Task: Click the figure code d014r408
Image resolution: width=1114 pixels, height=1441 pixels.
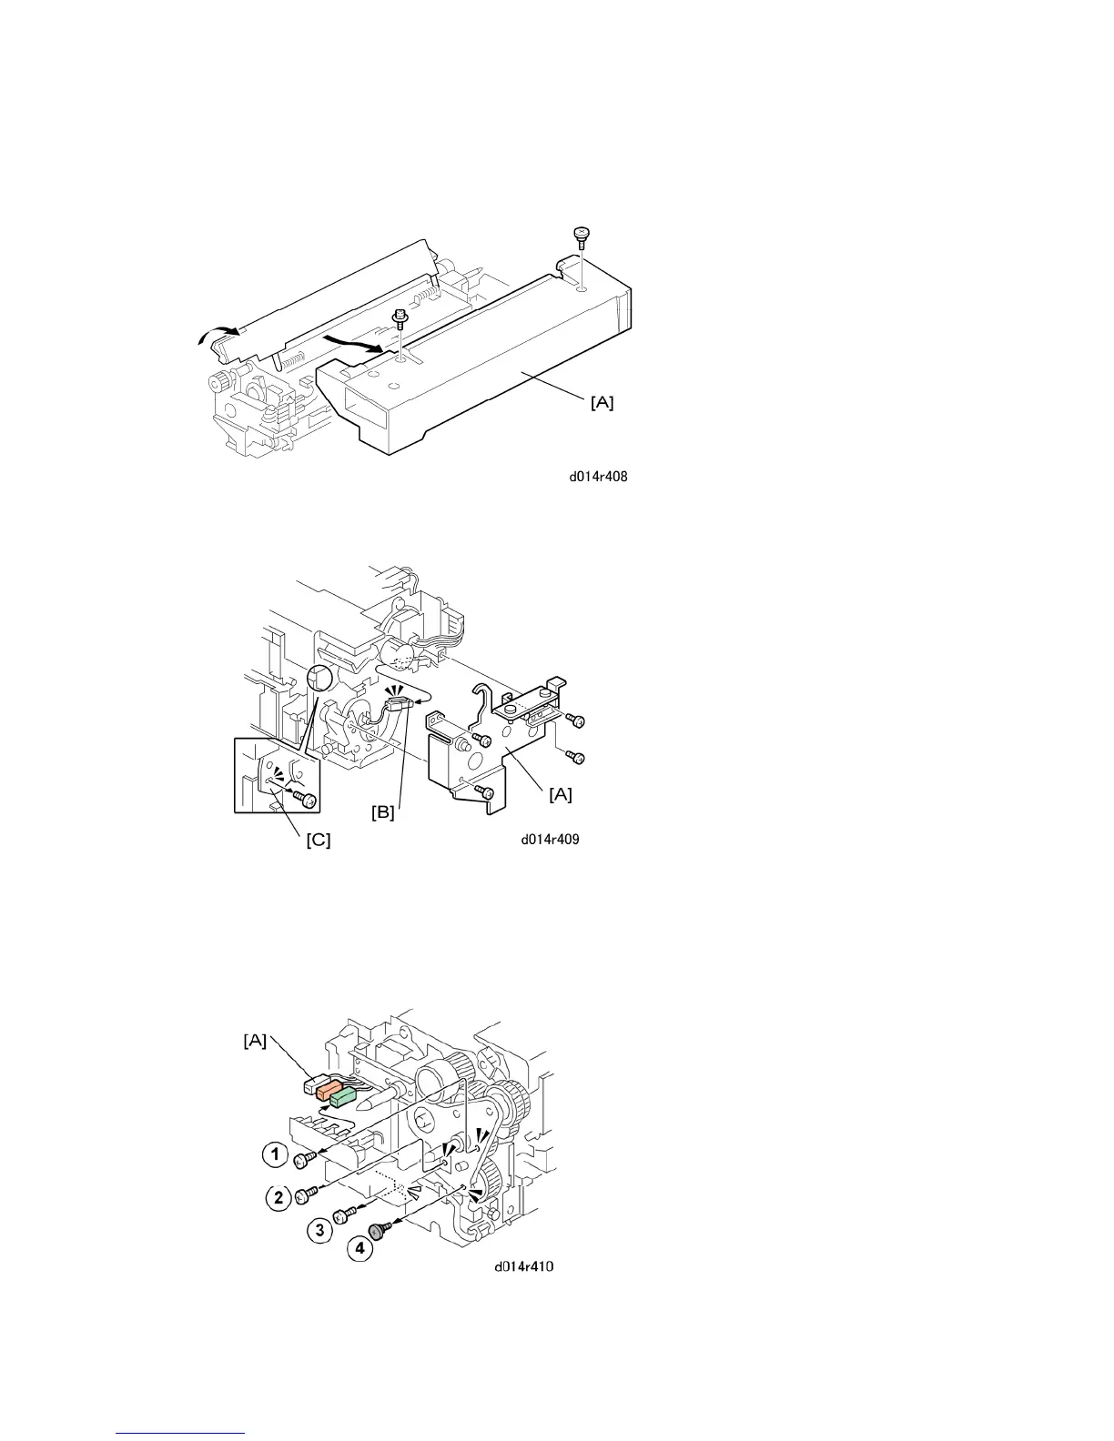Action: [597, 475]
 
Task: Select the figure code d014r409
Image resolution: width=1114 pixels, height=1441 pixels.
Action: [550, 840]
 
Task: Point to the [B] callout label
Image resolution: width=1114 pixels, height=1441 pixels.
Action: [381, 813]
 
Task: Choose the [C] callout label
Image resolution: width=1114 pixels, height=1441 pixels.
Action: [316, 841]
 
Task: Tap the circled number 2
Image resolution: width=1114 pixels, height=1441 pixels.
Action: [278, 1195]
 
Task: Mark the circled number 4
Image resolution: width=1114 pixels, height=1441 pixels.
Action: [360, 1249]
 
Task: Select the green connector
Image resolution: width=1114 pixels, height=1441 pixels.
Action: [342, 1099]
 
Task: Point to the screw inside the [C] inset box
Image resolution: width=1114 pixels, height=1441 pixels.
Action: [308, 800]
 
